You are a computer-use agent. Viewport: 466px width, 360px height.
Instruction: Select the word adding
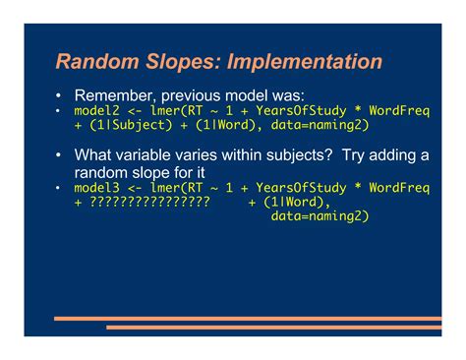(x=389, y=155)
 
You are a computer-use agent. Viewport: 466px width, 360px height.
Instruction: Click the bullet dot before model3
(x=59, y=187)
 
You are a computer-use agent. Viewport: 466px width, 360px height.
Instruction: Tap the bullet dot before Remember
(x=59, y=96)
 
